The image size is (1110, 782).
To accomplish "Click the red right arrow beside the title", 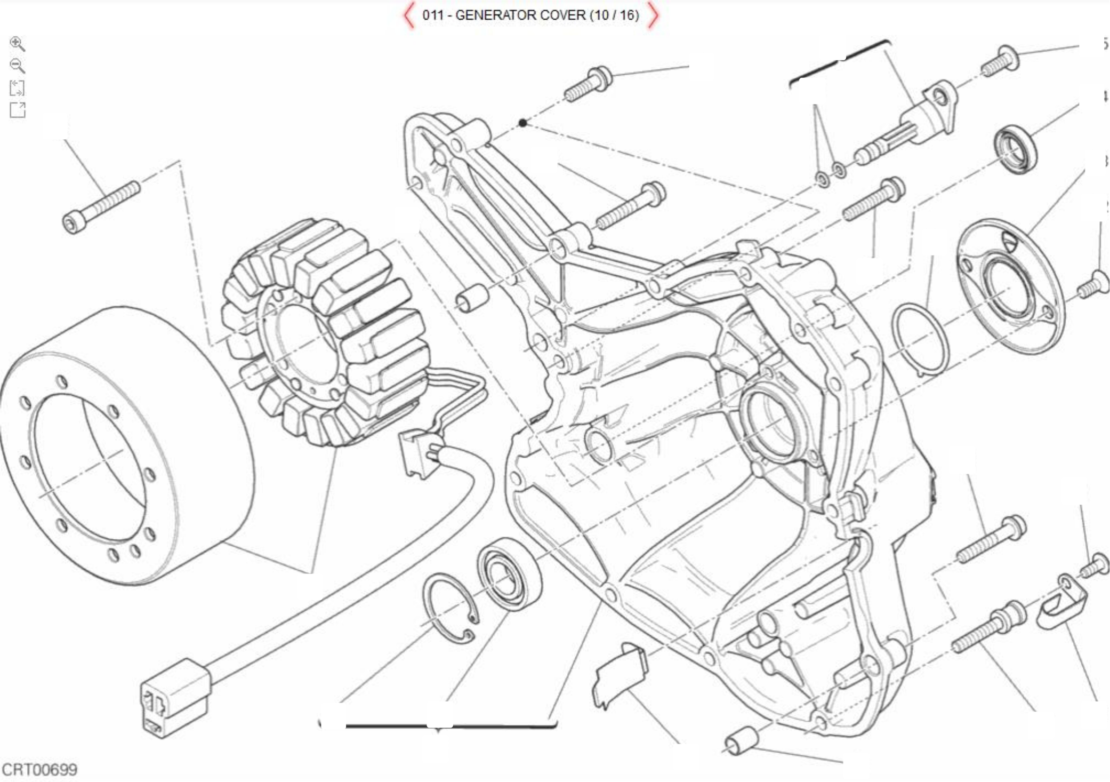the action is pyautogui.click(x=653, y=15).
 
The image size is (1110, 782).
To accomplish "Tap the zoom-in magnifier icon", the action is pyautogui.click(x=18, y=44).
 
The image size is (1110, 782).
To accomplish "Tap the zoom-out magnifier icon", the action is pyautogui.click(x=18, y=66).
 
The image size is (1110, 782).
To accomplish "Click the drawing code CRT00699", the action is pyautogui.click(x=40, y=770).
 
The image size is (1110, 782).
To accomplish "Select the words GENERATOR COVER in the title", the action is pyautogui.click(x=520, y=15).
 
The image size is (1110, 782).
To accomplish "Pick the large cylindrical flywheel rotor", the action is pyautogui.click(x=125, y=445).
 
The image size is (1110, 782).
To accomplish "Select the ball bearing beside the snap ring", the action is pyautogui.click(x=509, y=573).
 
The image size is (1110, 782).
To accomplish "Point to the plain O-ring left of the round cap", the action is pyautogui.click(x=921, y=339).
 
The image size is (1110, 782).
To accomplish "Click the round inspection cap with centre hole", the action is pyautogui.click(x=1010, y=286).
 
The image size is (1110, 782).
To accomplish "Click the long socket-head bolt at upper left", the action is pyautogui.click(x=101, y=207).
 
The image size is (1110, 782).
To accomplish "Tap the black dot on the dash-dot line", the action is pyautogui.click(x=523, y=123).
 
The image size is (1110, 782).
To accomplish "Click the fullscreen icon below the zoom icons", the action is pyautogui.click(x=18, y=110).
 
